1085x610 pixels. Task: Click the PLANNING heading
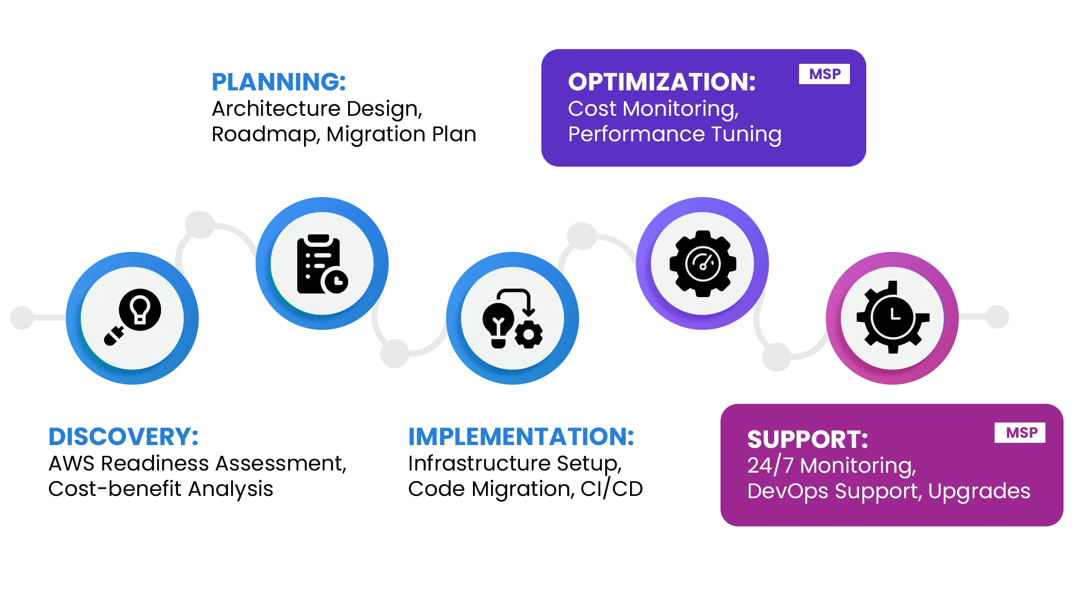[279, 82]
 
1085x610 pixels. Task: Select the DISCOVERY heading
[123, 437]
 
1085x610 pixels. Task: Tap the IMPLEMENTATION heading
[521, 437]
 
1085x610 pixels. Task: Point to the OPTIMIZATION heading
[662, 82]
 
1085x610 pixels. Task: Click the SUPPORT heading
[808, 439]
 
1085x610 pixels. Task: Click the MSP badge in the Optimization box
[824, 74]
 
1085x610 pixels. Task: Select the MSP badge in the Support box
[1020, 433]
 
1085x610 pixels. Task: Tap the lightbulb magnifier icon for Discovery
[133, 317]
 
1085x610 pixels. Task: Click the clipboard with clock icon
[322, 264]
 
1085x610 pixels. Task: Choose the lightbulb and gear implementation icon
[513, 319]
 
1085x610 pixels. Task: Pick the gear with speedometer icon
[702, 264]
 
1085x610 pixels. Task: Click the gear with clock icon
[893, 317]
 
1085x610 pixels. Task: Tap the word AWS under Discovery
[72, 464]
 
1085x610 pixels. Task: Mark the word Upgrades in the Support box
[979, 491]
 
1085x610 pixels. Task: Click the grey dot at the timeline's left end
[23, 317]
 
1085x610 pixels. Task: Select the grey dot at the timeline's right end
[997, 317]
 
